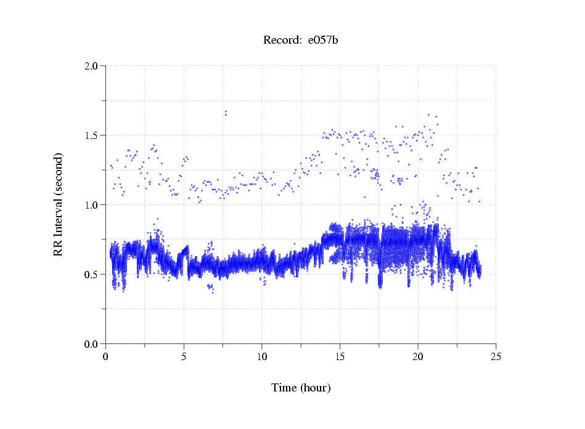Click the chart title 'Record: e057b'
301,41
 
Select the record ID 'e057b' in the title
323,41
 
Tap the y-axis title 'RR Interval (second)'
58,204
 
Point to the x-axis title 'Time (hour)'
301,388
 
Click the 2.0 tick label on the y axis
92,65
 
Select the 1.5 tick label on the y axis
92,135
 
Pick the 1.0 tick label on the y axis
92,204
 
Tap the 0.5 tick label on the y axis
92,274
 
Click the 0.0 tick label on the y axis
92,343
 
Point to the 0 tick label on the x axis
106,356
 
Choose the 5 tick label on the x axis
184,356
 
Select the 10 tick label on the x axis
262,356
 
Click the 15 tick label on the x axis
340,356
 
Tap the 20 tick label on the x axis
418,356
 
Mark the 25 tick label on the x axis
496,356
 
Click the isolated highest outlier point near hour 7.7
226,112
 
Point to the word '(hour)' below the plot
315,388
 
